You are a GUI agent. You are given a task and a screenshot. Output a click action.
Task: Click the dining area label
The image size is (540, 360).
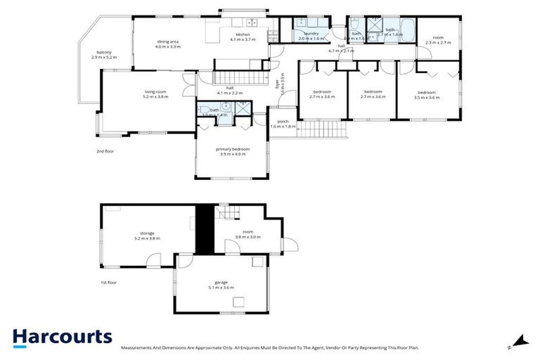pos(168,44)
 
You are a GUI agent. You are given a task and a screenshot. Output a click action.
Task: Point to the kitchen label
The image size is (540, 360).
pos(243,37)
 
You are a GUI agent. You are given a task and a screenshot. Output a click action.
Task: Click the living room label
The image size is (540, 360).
pos(155,94)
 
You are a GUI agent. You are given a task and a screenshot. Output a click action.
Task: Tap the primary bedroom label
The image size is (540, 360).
pos(232,151)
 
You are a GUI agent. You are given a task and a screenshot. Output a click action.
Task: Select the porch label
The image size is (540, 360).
pos(283,123)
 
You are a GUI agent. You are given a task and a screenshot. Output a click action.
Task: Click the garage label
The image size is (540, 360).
pos(220,284)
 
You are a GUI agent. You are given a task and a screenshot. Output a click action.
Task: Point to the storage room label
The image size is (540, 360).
pos(147,236)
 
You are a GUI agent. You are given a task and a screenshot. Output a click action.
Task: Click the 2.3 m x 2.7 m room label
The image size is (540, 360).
pos(438,39)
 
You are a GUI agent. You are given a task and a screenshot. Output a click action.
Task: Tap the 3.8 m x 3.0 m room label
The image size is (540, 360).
pos(247,234)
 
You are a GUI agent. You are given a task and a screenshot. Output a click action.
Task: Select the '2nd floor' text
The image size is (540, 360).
pos(105,151)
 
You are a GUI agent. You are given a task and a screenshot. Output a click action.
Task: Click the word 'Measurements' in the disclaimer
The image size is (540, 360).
pos(138,348)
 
